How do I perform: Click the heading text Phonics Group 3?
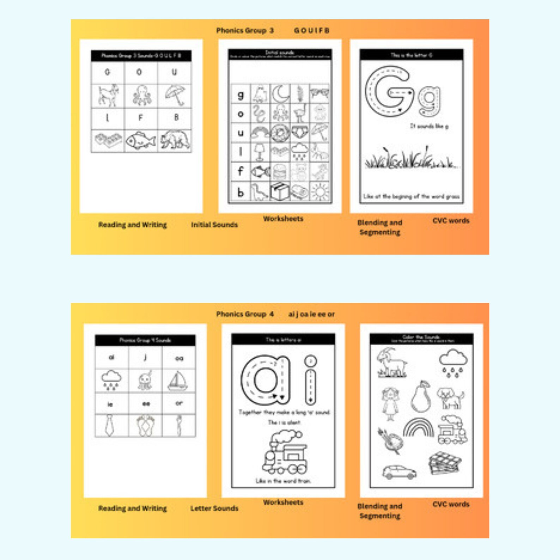tap(245, 31)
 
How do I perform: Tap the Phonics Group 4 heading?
tap(245, 314)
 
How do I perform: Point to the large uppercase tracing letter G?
tap(389, 91)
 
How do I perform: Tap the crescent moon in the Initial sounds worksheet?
tap(280, 94)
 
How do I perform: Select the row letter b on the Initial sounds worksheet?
tap(241, 193)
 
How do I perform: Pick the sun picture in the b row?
tap(319, 192)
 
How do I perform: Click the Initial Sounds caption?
tap(214, 225)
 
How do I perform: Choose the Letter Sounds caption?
tap(214, 509)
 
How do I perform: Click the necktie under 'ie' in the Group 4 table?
tap(110, 425)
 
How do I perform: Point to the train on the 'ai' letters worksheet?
tap(285, 453)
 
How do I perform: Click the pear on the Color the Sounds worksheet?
tap(421, 397)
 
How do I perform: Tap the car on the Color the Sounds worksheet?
tap(399, 472)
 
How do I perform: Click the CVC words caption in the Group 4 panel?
tap(451, 505)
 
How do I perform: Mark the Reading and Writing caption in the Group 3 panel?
tap(132, 225)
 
